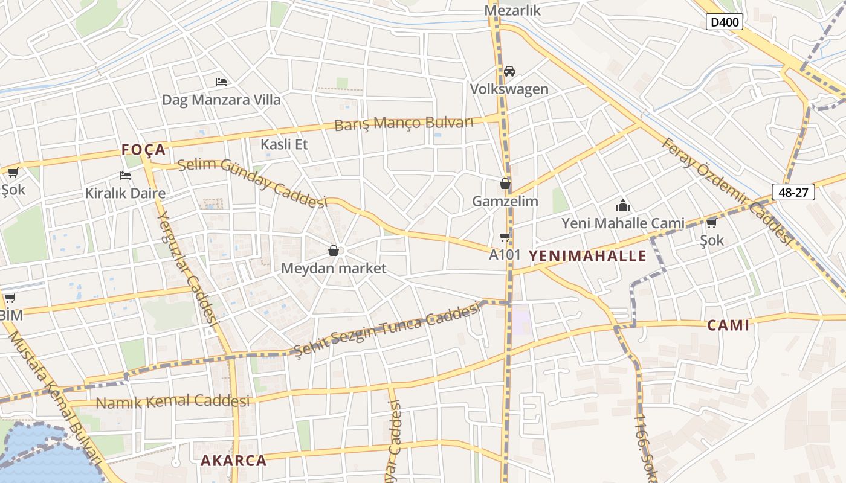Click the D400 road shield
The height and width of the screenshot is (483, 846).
[x=724, y=22]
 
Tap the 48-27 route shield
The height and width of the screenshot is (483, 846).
[x=793, y=192]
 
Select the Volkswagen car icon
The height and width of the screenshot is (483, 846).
[x=509, y=71]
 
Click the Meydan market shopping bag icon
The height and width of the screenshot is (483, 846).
[x=333, y=250]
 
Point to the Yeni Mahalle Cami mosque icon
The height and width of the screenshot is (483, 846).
[x=623, y=206]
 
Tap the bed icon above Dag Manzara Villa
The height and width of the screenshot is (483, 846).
[x=221, y=82]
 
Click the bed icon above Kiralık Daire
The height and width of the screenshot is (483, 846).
[x=125, y=176]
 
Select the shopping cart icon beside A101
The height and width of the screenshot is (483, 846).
[x=505, y=237]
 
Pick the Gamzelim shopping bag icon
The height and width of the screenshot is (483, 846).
[x=505, y=184]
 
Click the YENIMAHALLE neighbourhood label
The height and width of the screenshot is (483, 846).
[x=587, y=255]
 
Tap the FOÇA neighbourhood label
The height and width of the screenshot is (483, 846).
[x=143, y=150]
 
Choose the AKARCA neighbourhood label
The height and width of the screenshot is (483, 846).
[x=233, y=461]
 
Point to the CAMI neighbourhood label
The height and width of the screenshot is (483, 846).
[x=728, y=325]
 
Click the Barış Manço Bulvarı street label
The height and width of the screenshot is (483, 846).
[x=404, y=123]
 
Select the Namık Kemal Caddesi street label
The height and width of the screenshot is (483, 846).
[x=173, y=401]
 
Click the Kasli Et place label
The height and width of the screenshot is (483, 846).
[x=284, y=144]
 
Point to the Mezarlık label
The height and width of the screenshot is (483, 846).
[x=513, y=11]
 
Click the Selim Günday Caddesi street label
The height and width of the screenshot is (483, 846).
[x=252, y=183]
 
